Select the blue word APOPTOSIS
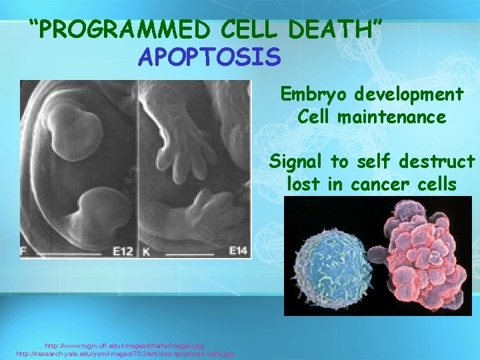tap(209, 57)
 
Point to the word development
tap(411, 94)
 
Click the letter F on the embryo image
tap(25, 251)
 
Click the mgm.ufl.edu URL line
tap(125, 346)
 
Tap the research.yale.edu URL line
tap(125, 353)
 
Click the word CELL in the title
tap(251, 31)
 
